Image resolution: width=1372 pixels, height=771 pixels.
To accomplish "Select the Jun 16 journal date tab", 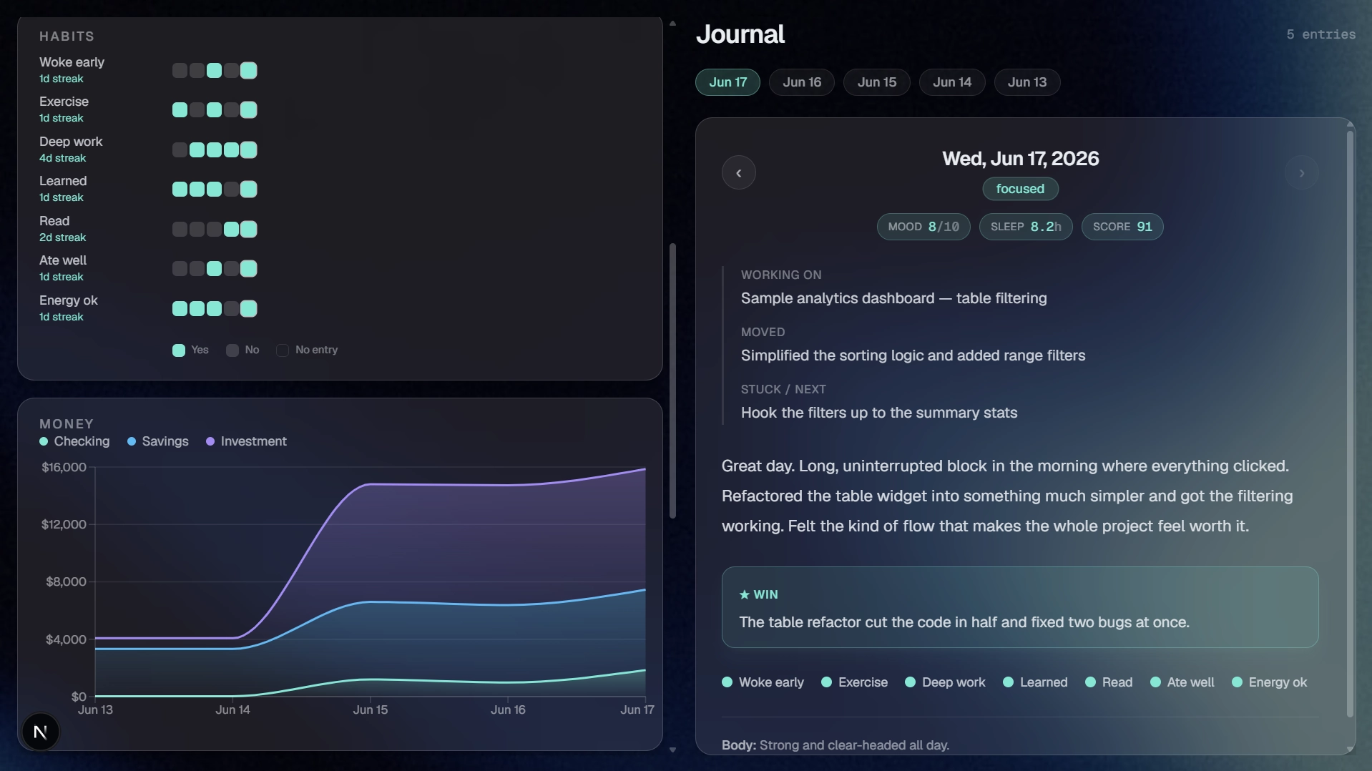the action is pos(802,82).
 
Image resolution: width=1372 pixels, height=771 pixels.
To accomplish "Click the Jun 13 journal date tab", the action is pos(1027,82).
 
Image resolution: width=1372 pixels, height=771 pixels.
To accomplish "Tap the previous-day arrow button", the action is pos(739,172).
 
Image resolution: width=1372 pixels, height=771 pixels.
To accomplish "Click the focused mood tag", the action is pos(1020,189).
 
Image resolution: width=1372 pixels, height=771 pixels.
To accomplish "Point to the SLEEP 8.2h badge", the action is pos(1026,227).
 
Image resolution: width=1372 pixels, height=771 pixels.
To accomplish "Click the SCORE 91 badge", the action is pos(1122,227).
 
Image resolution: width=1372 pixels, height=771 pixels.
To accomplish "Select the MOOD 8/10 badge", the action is pos(923,227).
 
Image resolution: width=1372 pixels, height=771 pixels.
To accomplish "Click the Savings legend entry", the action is pos(158,441).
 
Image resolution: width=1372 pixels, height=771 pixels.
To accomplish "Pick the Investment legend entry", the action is pos(246,441).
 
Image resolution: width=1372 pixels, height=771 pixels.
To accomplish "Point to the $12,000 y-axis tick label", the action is pos(64,524).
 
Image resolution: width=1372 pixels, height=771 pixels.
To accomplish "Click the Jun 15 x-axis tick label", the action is pos(371,709).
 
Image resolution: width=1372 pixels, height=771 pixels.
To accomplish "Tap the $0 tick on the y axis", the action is pos(79,697).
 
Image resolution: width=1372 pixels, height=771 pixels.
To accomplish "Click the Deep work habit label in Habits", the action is pos(71,142).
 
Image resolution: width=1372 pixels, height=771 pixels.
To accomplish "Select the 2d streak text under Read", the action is pos(62,237).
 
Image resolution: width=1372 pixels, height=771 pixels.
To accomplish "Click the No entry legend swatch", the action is pos(283,350).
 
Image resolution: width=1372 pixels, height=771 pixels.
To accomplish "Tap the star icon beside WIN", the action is pos(745,594).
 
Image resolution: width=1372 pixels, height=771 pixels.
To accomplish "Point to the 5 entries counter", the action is pos(1320,34).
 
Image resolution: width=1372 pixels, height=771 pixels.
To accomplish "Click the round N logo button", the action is pos(41,732).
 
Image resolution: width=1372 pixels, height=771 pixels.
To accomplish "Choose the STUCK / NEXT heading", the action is pos(783,389).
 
